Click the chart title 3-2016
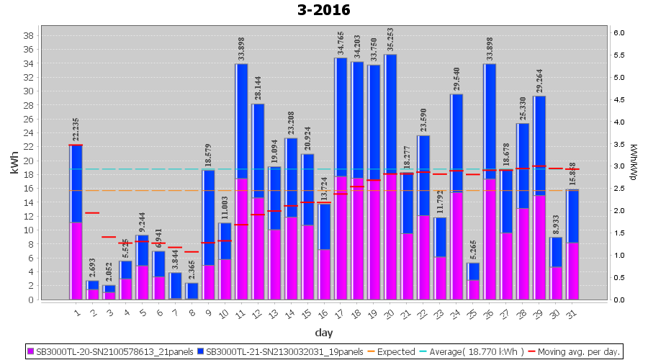(x=323, y=10)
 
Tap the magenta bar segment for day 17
(x=341, y=238)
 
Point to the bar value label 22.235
(x=76, y=131)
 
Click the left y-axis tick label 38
(x=29, y=36)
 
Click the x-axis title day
(x=323, y=333)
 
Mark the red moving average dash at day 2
(x=92, y=212)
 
